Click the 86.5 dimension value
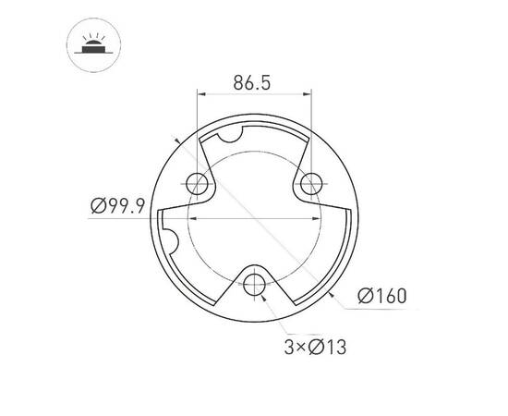tap(251, 83)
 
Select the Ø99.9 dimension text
tap(118, 205)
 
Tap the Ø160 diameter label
tap(381, 296)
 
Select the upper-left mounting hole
tap(197, 182)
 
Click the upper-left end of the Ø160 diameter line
tap(176, 140)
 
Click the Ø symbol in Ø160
tap(364, 296)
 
